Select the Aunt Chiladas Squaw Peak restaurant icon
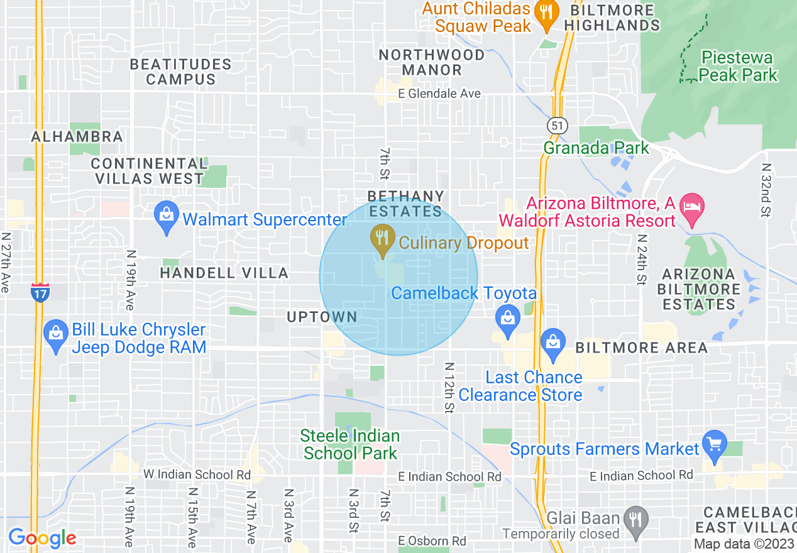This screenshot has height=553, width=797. click(546, 13)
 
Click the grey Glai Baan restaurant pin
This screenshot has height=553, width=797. click(637, 519)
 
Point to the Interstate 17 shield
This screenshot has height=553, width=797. click(40, 292)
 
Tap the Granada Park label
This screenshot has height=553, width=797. click(596, 148)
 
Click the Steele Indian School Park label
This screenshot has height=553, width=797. click(349, 444)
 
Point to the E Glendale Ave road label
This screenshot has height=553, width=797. click(440, 94)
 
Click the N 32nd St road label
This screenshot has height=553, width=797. click(765, 190)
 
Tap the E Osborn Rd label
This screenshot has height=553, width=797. click(432, 541)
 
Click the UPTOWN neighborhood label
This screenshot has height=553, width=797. click(322, 317)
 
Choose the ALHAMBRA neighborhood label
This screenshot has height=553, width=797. click(77, 136)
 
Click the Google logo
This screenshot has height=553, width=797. click(42, 538)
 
